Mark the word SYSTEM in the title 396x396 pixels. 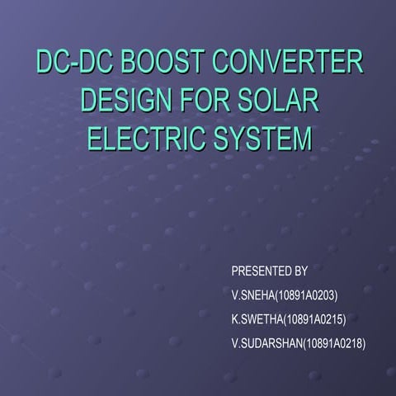point(260,138)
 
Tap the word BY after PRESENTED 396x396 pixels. point(301,271)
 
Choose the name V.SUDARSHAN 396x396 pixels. point(266,342)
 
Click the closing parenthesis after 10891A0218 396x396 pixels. point(365,342)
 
